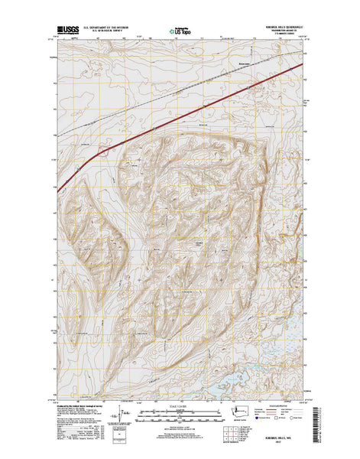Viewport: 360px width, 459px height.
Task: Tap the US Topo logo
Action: (x=178, y=34)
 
